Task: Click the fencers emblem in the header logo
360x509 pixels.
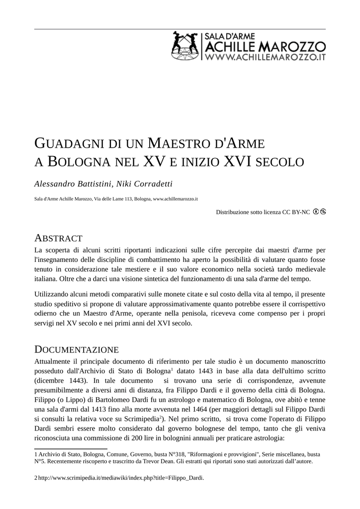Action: tap(184, 46)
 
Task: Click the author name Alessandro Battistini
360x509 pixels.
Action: tap(73, 184)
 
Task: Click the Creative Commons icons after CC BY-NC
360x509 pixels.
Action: tap(319, 212)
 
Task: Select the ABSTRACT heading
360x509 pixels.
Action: tap(58, 238)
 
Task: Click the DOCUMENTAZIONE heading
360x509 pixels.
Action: tap(76, 349)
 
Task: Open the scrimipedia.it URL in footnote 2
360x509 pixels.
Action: tap(121, 478)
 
